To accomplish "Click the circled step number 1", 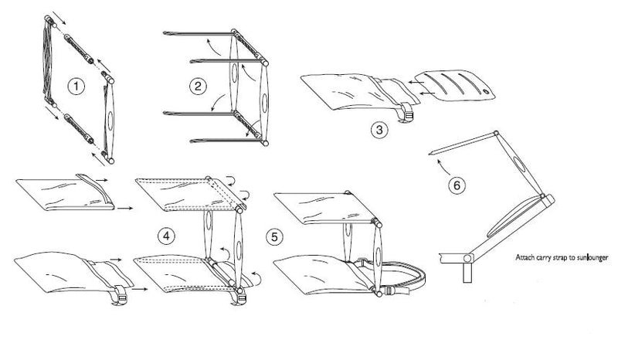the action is pos(76,87).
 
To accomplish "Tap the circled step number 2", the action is pos(198,87).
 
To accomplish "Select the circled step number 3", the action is pos(379,130).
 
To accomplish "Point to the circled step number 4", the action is pos(166,236).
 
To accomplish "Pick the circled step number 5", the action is pos(274,237).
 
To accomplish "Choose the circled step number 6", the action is pos(457,185).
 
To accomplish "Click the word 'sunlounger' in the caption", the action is pos(593,257).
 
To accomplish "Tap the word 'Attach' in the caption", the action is pos(525,257).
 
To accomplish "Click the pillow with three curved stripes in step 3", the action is pos(454,85).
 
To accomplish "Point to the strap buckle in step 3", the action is pos(409,116).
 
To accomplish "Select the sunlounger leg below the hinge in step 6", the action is pos(467,273).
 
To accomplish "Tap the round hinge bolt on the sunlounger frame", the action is pos(467,258).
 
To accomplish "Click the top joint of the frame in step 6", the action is pos(496,134).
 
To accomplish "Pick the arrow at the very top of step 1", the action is pos(59,17).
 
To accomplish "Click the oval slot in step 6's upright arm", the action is pos(519,165).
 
